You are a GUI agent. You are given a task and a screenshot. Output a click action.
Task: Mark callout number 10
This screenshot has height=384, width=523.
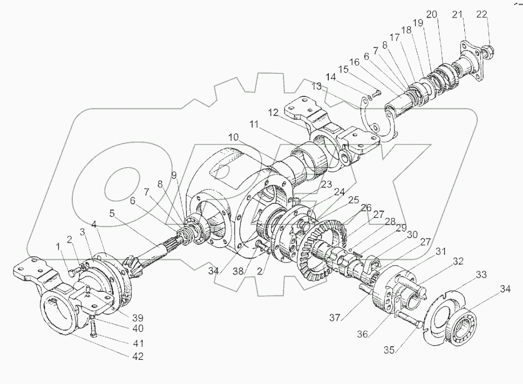click(233, 138)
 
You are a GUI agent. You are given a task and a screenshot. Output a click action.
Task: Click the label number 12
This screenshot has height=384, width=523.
click(273, 113)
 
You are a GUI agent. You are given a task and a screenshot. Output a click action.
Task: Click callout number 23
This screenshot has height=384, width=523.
click(327, 184)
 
